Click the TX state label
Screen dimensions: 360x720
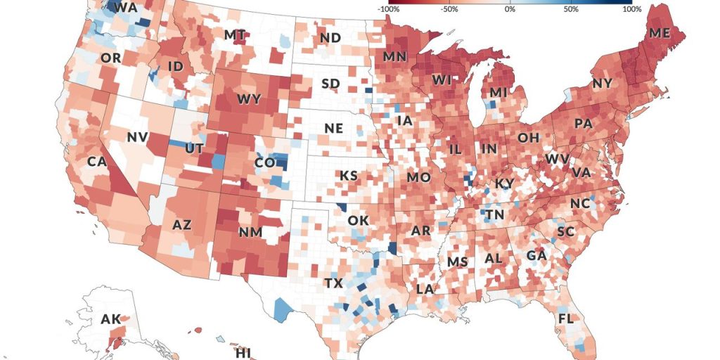click(x=333, y=283)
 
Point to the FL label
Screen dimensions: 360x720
click(x=565, y=319)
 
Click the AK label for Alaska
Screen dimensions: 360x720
click(x=110, y=319)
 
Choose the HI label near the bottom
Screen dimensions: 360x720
click(x=243, y=352)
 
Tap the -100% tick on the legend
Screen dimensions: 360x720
click(x=389, y=10)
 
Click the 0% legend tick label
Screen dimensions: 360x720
click(x=510, y=10)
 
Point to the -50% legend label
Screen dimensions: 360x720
click(x=449, y=10)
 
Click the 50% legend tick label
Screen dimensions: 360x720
click(x=571, y=10)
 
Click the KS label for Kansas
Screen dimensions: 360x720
click(x=349, y=175)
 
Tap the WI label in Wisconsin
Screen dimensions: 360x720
click(x=442, y=81)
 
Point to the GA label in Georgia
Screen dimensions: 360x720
click(x=536, y=255)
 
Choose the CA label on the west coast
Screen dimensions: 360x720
click(x=96, y=161)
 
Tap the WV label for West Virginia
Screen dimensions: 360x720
click(x=558, y=159)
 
